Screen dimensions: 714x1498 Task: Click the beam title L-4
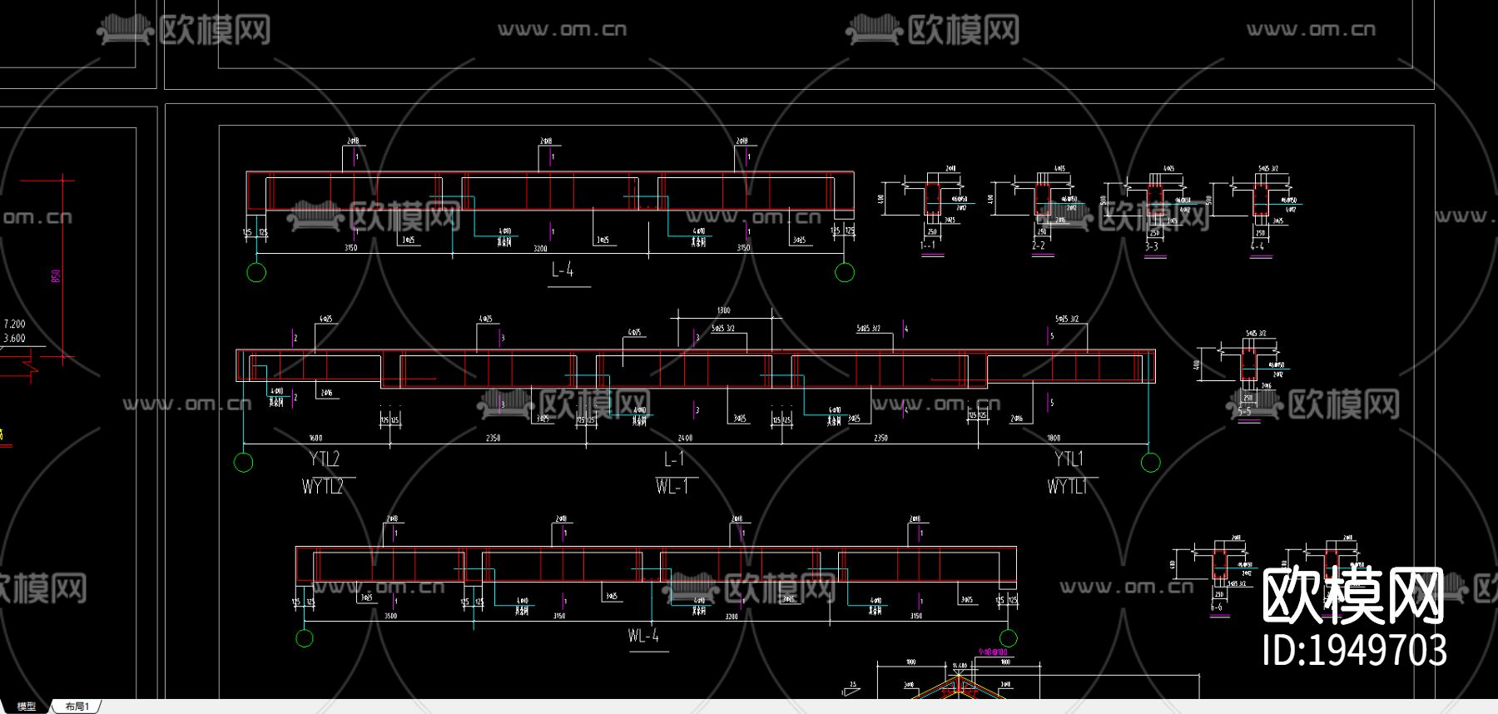(563, 270)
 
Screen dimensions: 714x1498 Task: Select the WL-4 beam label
(643, 637)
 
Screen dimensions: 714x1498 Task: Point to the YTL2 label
(325, 459)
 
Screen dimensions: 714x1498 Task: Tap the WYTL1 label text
(1067, 487)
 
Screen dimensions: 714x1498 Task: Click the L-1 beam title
(674, 459)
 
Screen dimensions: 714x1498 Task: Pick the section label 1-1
(928, 245)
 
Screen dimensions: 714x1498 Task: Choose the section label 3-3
(1152, 246)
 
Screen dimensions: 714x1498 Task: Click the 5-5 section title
(1244, 411)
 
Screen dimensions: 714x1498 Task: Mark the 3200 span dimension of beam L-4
(540, 248)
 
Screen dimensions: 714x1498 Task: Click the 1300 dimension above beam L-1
(723, 310)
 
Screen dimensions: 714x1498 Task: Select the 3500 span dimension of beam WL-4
(390, 616)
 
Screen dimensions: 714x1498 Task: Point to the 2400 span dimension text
(685, 438)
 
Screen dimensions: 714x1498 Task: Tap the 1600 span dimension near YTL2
(315, 438)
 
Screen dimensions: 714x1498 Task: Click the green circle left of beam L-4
(256, 272)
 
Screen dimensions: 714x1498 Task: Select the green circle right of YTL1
(1150, 463)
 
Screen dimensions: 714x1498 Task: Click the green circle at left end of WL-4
(305, 638)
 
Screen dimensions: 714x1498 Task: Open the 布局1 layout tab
(77, 707)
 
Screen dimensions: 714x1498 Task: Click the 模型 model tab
(27, 707)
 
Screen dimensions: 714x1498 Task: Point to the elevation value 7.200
(15, 324)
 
